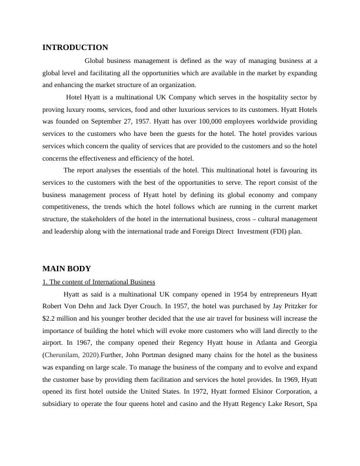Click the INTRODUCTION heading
tap(75, 48)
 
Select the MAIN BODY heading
tap(66, 269)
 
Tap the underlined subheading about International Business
tap(99, 282)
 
